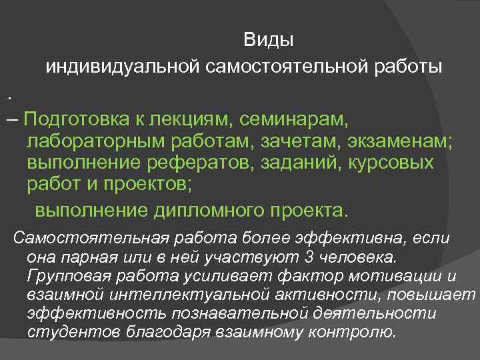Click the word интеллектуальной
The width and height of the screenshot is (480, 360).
[x=167, y=294]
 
